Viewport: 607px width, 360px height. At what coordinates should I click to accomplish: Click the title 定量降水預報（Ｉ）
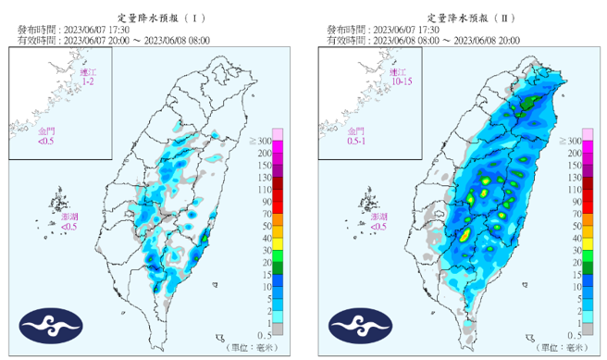[153, 18]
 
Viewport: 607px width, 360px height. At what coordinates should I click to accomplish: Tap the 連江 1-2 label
[86, 77]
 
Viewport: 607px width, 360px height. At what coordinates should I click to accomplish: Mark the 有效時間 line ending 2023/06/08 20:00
[423, 41]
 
